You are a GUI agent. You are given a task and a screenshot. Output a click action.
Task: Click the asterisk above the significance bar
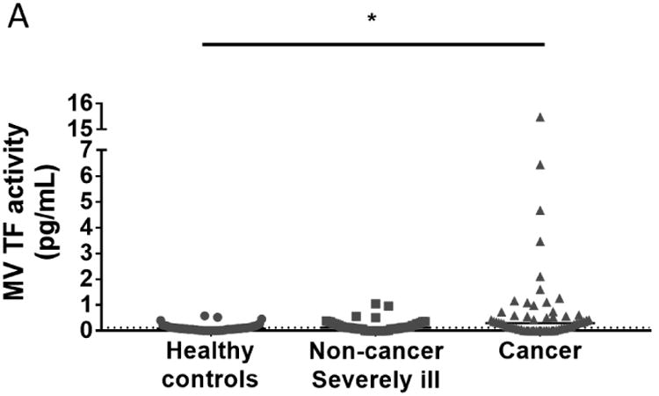pos(373,19)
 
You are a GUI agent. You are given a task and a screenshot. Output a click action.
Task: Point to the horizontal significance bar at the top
pos(373,43)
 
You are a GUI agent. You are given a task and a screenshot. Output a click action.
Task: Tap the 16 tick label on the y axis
pos(80,102)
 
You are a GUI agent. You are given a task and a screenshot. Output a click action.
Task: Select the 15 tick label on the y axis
pos(80,129)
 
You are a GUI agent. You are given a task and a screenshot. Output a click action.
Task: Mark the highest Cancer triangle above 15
pos(540,117)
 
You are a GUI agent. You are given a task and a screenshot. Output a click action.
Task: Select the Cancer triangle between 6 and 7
pos(540,165)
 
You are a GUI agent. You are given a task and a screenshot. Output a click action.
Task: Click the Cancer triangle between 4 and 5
pos(540,209)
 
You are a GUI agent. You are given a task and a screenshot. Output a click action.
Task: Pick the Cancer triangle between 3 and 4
pos(540,241)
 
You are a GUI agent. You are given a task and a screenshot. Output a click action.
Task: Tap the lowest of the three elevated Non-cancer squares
pos(356,316)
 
